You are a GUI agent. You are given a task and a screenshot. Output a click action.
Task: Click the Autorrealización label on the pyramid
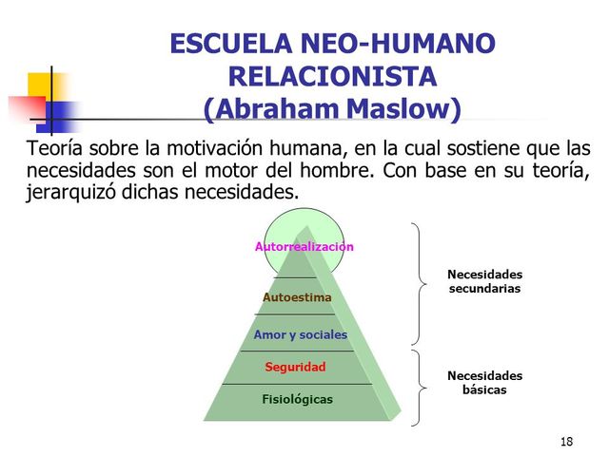click(x=304, y=247)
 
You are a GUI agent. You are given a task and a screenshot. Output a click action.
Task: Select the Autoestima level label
click(x=297, y=297)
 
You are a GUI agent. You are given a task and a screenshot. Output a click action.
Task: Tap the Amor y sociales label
click(x=300, y=335)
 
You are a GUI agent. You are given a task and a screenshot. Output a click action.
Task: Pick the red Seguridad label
click(x=295, y=367)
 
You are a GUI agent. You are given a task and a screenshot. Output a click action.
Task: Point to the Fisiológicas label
click(x=297, y=399)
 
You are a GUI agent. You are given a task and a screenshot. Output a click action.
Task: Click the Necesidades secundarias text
click(x=484, y=281)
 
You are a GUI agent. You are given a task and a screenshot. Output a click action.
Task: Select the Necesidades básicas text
click(x=484, y=383)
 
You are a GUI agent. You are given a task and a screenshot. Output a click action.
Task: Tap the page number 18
click(x=567, y=442)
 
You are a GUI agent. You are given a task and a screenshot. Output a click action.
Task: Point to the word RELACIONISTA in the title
click(x=332, y=76)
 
